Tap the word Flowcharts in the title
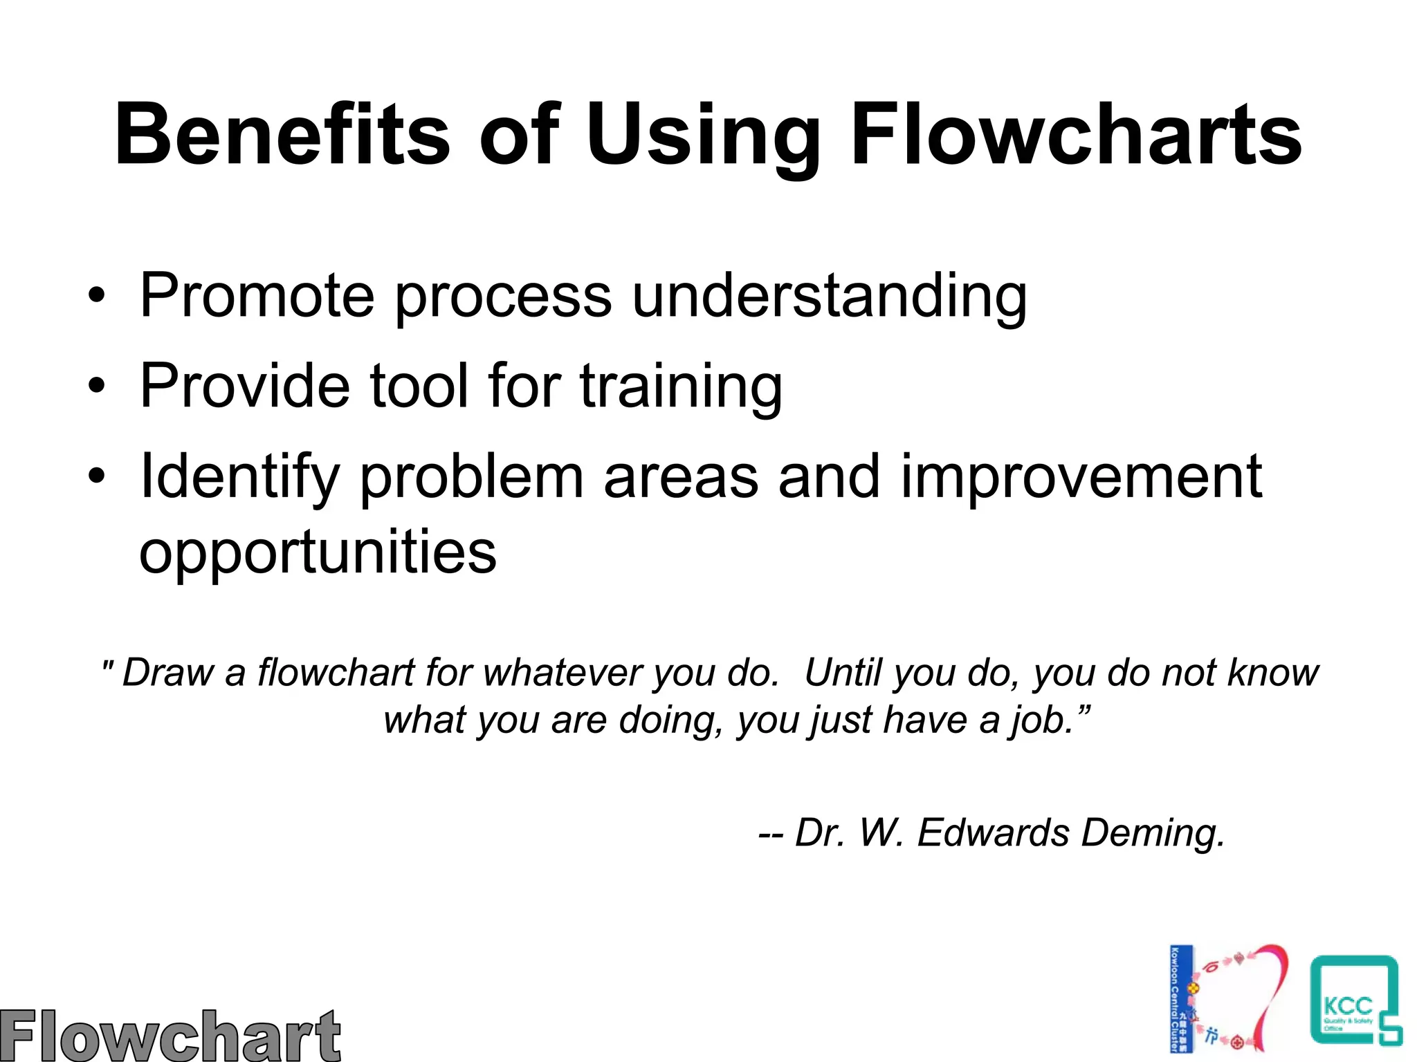[x=1076, y=135]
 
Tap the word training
[x=681, y=386]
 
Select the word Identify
[x=239, y=476]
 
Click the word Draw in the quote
[x=167, y=673]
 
